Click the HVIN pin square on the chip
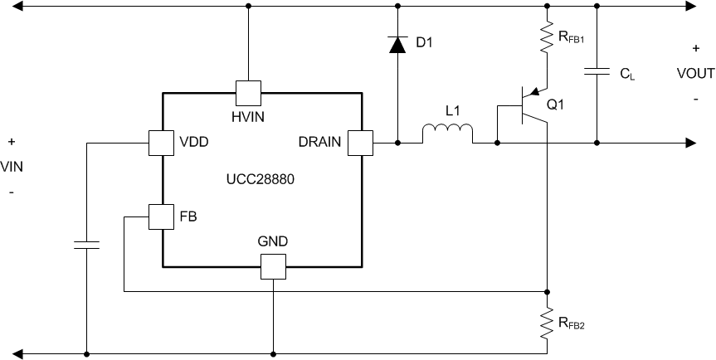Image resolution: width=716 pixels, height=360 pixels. click(249, 92)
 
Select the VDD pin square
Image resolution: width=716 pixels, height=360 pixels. click(160, 143)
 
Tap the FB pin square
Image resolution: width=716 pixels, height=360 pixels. click(160, 217)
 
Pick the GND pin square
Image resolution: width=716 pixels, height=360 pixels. click(273, 266)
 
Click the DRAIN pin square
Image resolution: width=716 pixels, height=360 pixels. click(360, 143)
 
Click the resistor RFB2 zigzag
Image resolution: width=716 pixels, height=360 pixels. click(547, 323)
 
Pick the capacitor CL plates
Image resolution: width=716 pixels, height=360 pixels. click(597, 72)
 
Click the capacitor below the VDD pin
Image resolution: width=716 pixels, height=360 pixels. click(86, 245)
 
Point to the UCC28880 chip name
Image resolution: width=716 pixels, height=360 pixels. click(261, 178)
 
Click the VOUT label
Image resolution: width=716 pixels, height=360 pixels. click(694, 72)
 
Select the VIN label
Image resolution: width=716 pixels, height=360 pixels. click(12, 167)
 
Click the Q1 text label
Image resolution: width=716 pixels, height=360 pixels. click(555, 105)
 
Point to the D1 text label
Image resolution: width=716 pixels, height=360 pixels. click(424, 43)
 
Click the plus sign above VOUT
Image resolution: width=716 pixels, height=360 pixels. click(695, 49)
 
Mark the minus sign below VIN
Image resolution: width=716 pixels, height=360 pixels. click(11, 192)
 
